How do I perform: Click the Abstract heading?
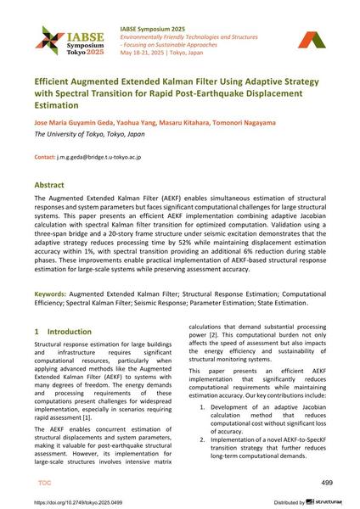(52, 183)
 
